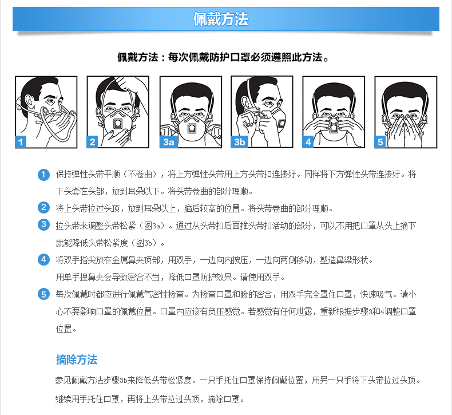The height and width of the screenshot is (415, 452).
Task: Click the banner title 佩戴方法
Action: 220,19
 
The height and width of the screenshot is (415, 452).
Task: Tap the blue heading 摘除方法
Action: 77,359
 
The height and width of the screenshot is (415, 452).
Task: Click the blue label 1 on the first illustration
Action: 21,142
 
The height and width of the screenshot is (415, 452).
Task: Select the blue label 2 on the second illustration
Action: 92,142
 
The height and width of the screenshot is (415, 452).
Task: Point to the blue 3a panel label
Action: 169,142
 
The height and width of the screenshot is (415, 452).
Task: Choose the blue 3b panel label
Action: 240,142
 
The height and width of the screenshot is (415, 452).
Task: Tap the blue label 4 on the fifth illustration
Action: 308,142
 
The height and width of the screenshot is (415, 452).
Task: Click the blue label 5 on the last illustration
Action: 380,142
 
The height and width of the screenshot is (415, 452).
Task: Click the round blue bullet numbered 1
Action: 43,175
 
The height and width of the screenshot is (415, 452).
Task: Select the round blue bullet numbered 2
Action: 43,207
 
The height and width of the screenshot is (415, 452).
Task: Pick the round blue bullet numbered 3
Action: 43,224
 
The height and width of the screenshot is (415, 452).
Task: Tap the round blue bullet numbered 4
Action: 43,259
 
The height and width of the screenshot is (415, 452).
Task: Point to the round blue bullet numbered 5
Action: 43,294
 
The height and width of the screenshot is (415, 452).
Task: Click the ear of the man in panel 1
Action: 30,102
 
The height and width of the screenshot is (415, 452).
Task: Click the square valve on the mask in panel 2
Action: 118,124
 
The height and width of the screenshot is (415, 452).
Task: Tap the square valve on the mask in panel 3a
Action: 192,128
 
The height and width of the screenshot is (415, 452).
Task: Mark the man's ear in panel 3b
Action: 245,103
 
